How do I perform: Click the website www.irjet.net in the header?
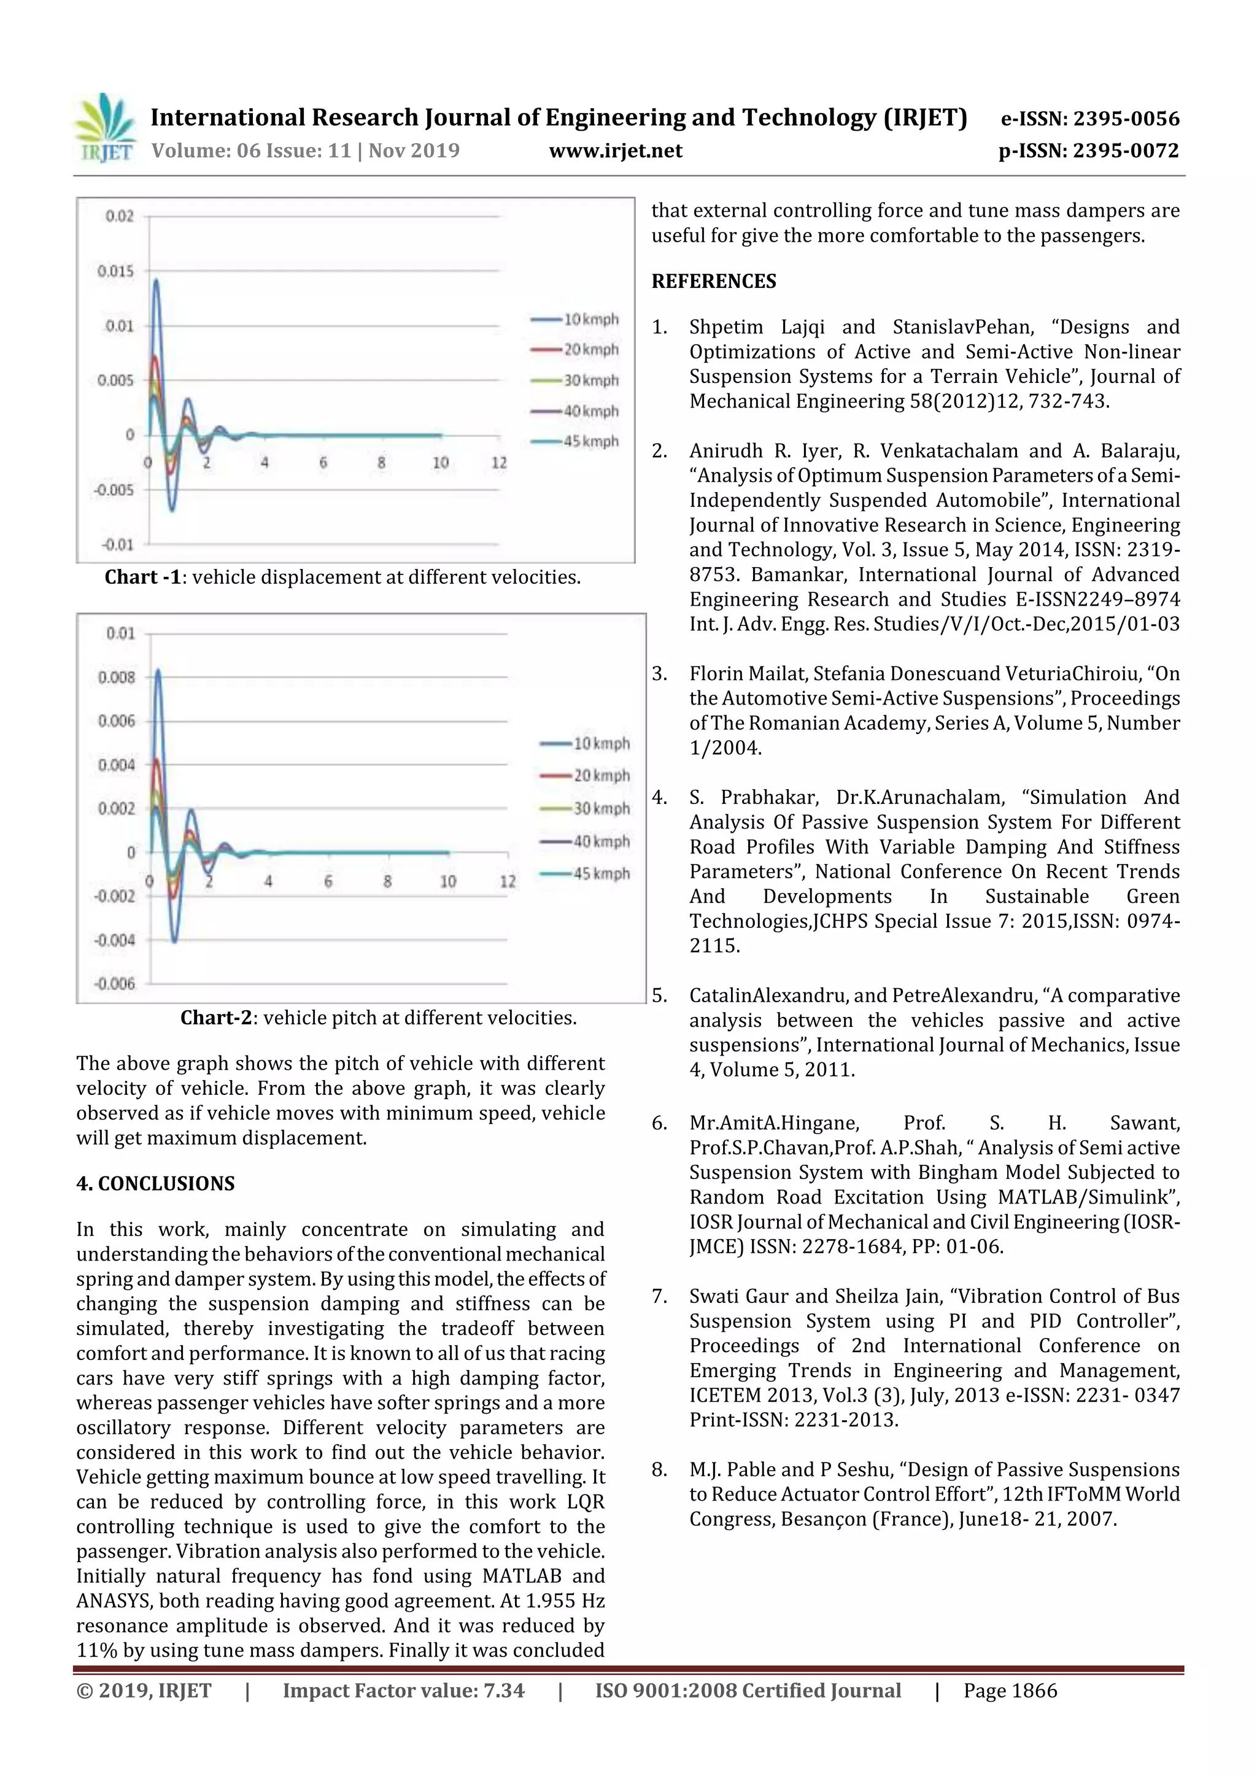point(615,150)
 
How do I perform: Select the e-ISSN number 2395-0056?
point(1126,118)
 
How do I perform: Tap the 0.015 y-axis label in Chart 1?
point(115,271)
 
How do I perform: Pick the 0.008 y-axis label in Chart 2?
point(116,678)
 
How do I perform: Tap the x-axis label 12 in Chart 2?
point(508,881)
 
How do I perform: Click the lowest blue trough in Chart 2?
point(175,941)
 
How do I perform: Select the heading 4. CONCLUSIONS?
point(155,1183)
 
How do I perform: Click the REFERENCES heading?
point(713,281)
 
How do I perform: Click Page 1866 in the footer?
point(1009,1690)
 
